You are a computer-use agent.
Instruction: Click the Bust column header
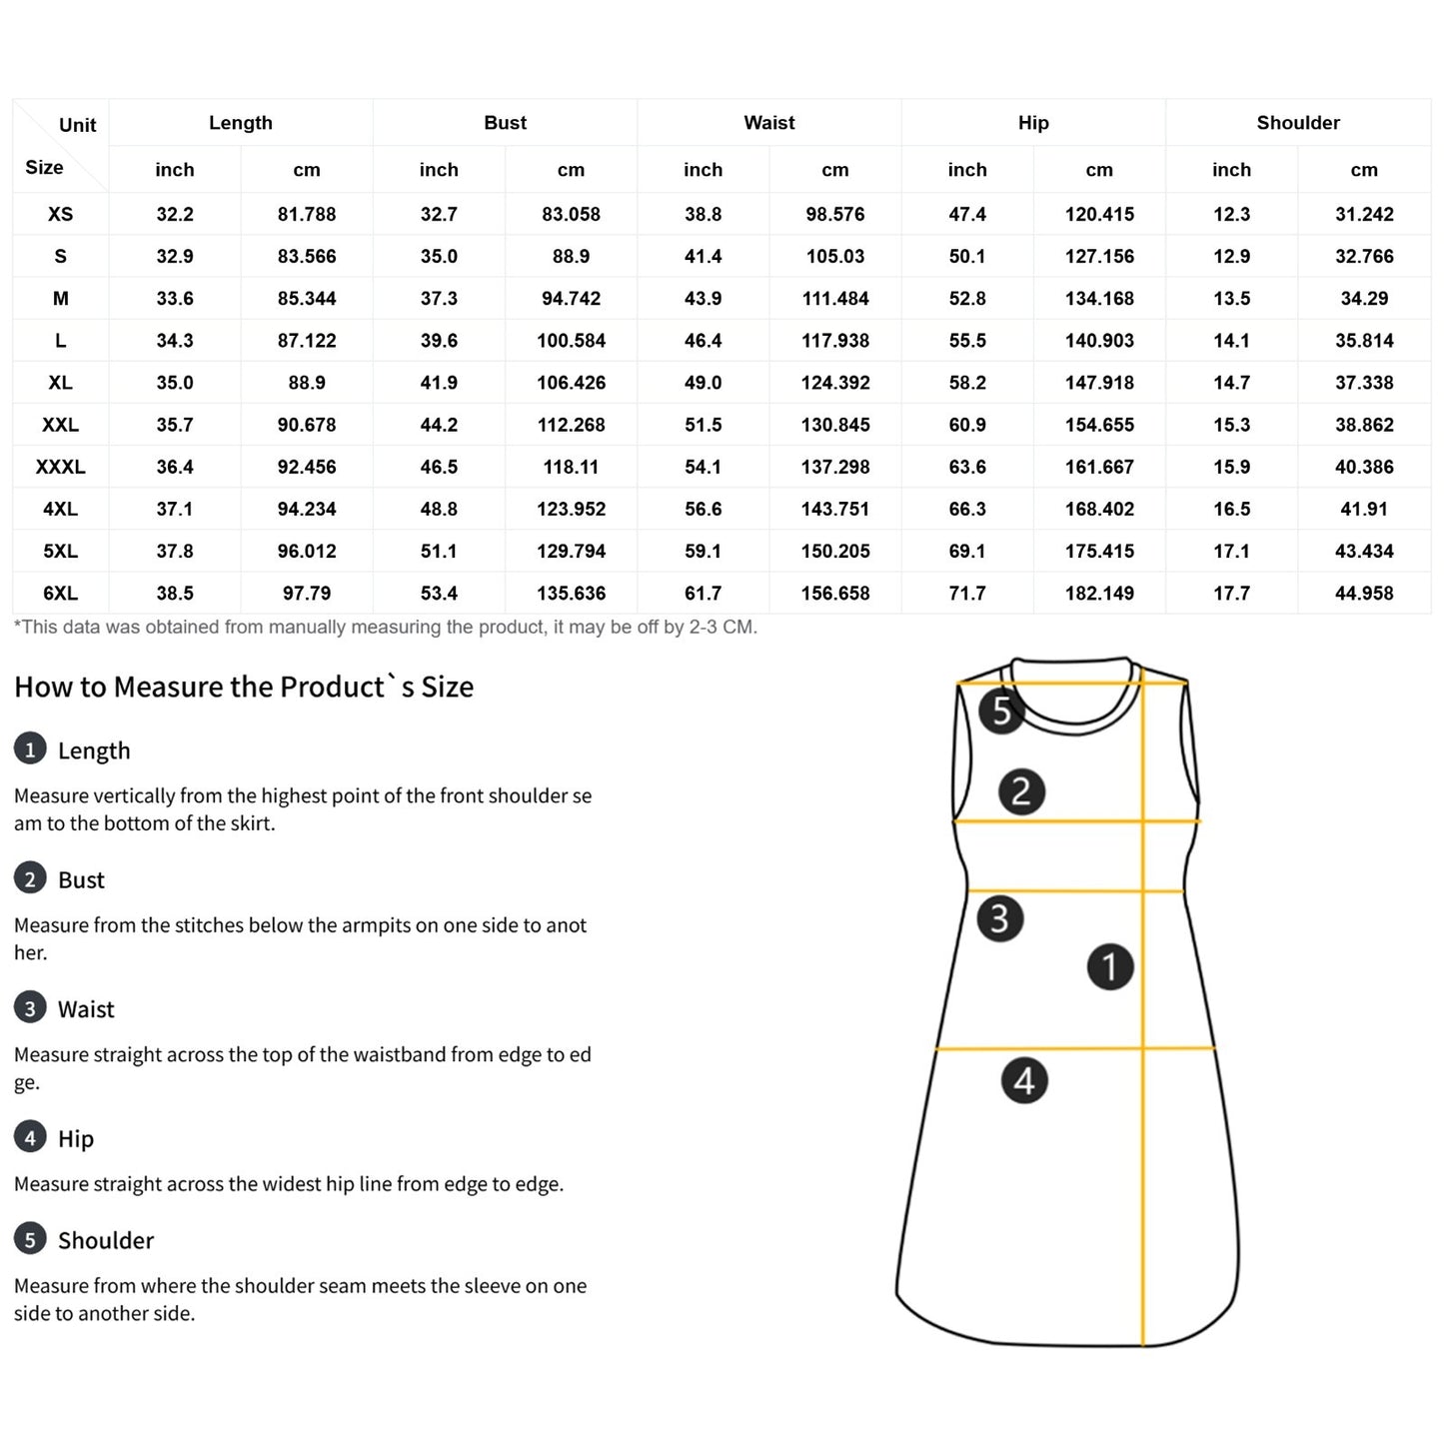[505, 123]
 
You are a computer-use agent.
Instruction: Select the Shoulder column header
[1297, 123]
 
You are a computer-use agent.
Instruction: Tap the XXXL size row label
[60, 467]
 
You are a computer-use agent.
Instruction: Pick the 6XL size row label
[60, 594]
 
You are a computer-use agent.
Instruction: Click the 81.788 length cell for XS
[307, 214]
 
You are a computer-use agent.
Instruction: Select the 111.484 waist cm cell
[834, 299]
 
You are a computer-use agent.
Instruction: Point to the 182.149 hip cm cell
[1099, 594]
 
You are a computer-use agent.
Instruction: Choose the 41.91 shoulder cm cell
[1364, 509]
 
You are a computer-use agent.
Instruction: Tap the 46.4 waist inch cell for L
[703, 341]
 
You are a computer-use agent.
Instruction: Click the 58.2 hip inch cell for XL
[967, 383]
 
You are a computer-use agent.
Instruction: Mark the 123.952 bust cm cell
[571, 509]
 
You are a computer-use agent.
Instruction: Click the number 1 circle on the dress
[1109, 966]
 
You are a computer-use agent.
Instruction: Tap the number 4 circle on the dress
[1024, 1080]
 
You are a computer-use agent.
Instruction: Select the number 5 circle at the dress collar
[1000, 711]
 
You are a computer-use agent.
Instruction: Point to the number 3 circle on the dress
[999, 918]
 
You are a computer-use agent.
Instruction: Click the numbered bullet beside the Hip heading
[30, 1137]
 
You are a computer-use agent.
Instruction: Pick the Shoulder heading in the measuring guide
[106, 1240]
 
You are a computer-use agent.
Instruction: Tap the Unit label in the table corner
[77, 125]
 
